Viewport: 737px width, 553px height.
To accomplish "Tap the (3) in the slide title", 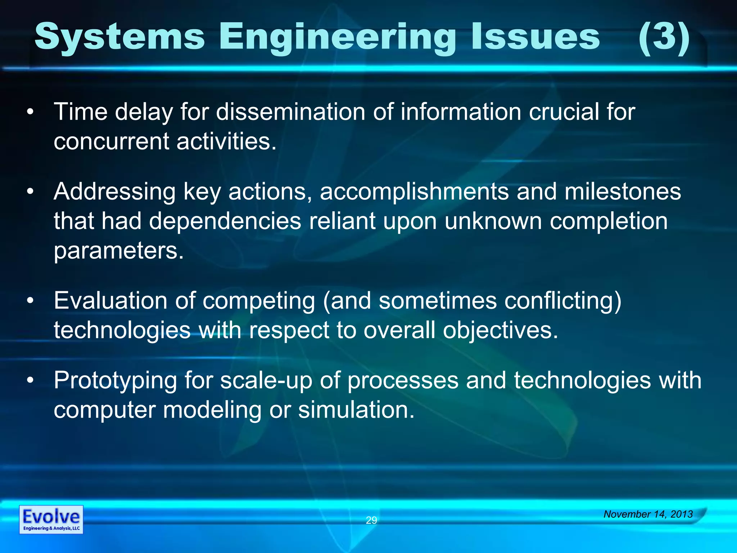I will pyautogui.click(x=664, y=36).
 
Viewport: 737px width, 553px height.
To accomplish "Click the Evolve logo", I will pyautogui.click(x=51, y=520).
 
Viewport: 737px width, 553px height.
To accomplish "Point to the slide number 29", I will pyautogui.click(x=371, y=520).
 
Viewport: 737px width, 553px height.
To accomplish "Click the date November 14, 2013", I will pyautogui.click(x=648, y=514).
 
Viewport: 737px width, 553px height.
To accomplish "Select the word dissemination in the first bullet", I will pyautogui.click(x=290, y=112).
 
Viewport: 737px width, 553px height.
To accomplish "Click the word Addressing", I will pyautogui.click(x=114, y=192).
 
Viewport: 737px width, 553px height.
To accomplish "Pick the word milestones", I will pyautogui.click(x=623, y=192).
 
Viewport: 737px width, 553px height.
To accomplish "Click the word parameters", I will pyautogui.click(x=118, y=251).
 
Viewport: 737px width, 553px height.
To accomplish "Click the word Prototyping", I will pyautogui.click(x=115, y=381).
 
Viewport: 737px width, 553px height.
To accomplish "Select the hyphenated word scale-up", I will pyautogui.click(x=266, y=381).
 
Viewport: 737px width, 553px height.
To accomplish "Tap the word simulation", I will pyautogui.click(x=356, y=410).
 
